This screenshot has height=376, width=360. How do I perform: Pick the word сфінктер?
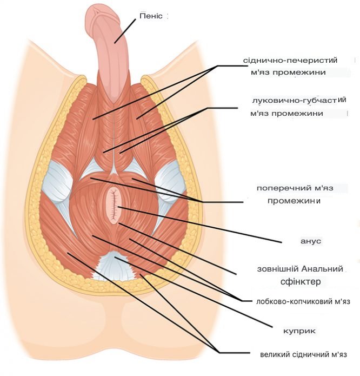coord(301,282)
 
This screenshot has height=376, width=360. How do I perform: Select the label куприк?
coord(299,331)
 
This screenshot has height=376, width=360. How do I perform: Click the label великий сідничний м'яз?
coord(303,354)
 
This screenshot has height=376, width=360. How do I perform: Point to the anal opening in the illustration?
coord(114,206)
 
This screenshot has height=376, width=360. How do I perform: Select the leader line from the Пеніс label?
coord(125,29)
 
